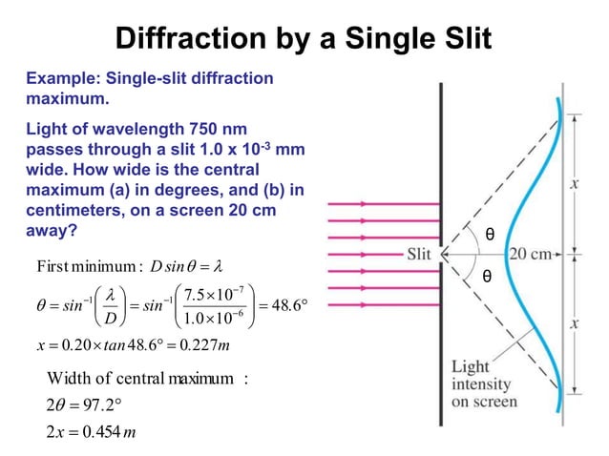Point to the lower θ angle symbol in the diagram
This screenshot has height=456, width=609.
488,276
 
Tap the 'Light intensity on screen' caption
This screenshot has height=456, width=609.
484,383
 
